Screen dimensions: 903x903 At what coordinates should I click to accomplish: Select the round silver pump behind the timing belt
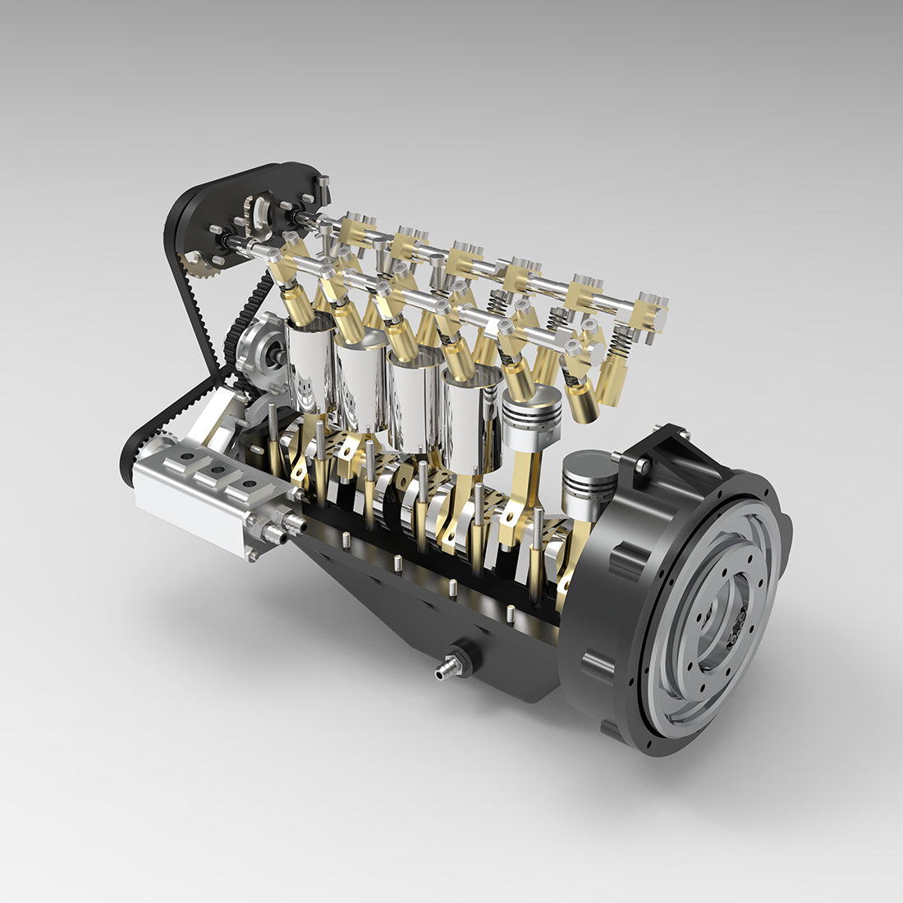261,349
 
